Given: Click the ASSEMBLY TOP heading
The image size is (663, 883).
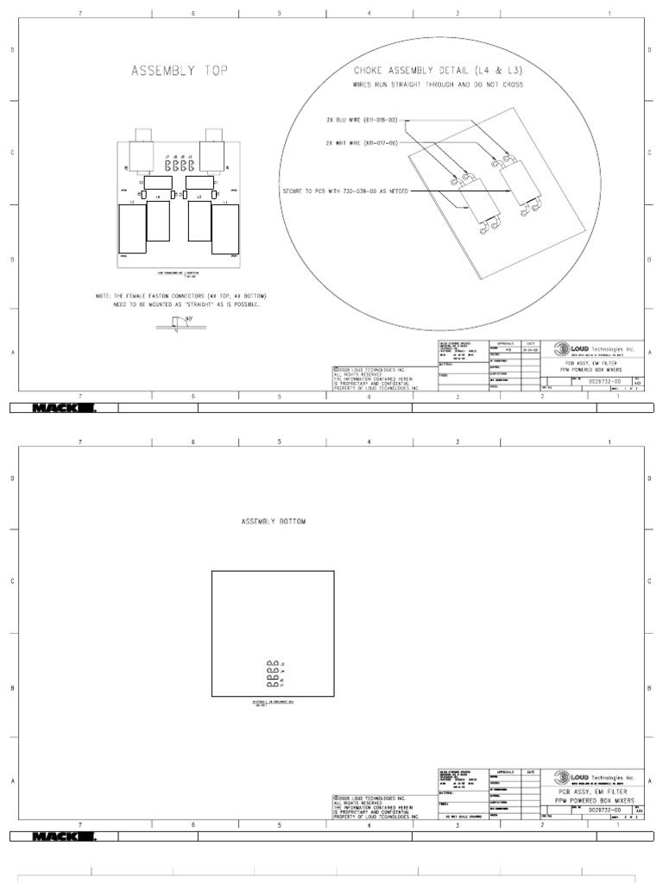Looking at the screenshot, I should pyautogui.click(x=180, y=72).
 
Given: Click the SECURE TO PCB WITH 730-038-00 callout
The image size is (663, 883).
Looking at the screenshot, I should pyautogui.click(x=345, y=190).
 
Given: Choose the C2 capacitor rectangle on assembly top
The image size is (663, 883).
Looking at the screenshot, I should pyautogui.click(x=157, y=183).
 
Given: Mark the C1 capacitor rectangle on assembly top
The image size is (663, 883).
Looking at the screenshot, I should pyautogui.click(x=199, y=183).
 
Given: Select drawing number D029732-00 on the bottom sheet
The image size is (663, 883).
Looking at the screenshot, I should pyautogui.click(x=603, y=811).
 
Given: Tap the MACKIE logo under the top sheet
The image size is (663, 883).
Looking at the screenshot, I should pyautogui.click(x=65, y=409).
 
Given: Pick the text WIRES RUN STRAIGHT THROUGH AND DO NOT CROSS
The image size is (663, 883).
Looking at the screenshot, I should pyautogui.click(x=438, y=85).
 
